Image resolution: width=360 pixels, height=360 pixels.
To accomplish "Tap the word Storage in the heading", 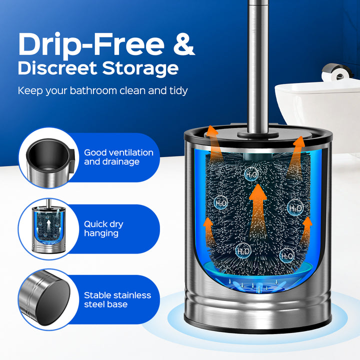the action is tap(140, 68).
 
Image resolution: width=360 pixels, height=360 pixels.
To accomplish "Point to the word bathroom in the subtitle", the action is tap(93, 90).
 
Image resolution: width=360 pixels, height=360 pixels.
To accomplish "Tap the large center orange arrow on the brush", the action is tap(258, 211).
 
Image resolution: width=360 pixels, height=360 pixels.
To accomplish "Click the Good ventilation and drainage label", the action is tap(118, 157).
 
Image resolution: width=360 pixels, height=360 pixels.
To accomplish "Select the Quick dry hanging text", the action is tap(103, 228).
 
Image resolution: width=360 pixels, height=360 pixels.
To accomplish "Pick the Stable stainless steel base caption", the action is tap(117, 299).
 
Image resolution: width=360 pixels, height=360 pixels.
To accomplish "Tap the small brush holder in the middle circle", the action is tap(48, 226).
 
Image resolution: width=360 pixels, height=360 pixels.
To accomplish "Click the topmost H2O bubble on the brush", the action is tap(251, 174).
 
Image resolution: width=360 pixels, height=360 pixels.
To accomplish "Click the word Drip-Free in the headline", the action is tap(91, 45).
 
